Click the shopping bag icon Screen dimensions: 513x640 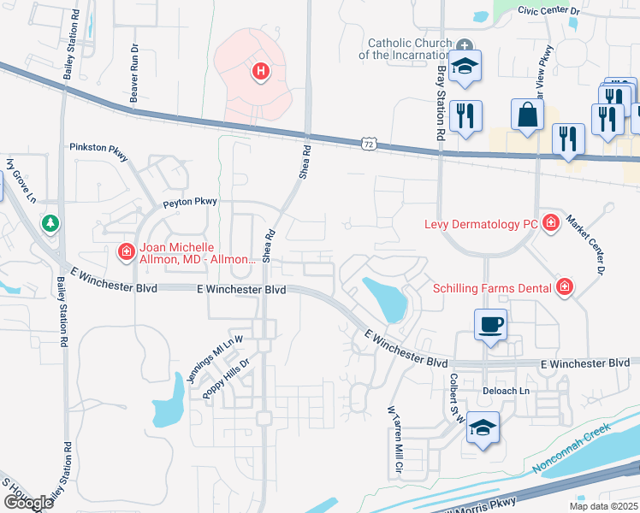tap(527, 115)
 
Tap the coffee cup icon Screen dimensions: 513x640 tap(490, 325)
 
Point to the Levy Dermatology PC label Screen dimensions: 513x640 tap(483, 224)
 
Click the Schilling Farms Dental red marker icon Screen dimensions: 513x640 tap(564, 286)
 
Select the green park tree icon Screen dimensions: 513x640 tap(50, 223)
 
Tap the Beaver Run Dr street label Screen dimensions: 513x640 tap(134, 81)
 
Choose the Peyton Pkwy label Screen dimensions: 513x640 tap(190, 203)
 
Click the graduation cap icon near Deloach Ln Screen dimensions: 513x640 tap(483, 428)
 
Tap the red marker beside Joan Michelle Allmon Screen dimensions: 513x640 tap(126, 251)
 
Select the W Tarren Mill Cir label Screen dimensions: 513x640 tap(395, 442)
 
